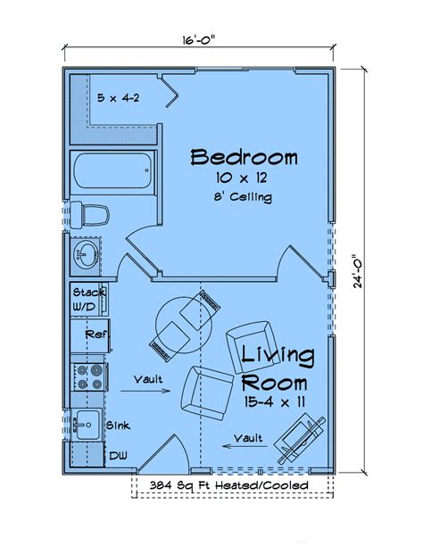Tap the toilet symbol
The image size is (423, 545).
pyautogui.click(x=89, y=214)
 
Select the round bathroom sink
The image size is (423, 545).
pyautogui.click(x=85, y=255)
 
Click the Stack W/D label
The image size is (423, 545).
pyautogui.click(x=89, y=299)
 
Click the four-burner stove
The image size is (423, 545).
pyautogui.click(x=89, y=375)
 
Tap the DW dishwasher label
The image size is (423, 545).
pyautogui.click(x=116, y=455)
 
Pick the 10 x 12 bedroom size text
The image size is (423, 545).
pyautogui.click(x=241, y=178)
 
